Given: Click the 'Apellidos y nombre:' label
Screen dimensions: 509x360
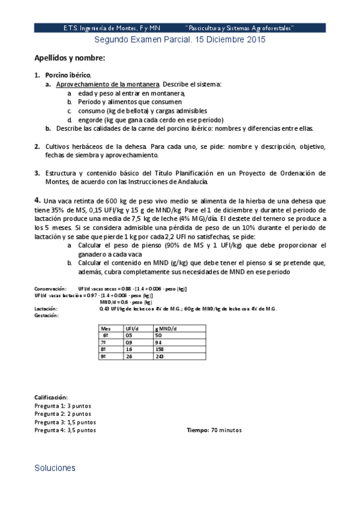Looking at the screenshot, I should [70, 58].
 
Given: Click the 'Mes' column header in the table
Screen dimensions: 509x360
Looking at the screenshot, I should [107, 329].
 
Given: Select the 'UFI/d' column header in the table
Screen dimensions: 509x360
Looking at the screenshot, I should [132, 329].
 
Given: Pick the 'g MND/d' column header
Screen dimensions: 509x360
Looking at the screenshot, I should [165, 329].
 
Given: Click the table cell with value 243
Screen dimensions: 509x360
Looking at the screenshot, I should [160, 356].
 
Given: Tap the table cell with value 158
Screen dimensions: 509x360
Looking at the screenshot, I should [160, 349].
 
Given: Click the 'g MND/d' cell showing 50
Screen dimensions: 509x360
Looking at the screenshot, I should [158, 336].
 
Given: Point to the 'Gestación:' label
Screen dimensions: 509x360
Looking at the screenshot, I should [46, 316].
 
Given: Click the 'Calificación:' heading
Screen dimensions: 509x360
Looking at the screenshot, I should [51, 397].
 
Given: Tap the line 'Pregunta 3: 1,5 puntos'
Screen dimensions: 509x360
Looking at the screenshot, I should [64, 422].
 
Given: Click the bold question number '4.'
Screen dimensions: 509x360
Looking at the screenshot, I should [38, 200].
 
